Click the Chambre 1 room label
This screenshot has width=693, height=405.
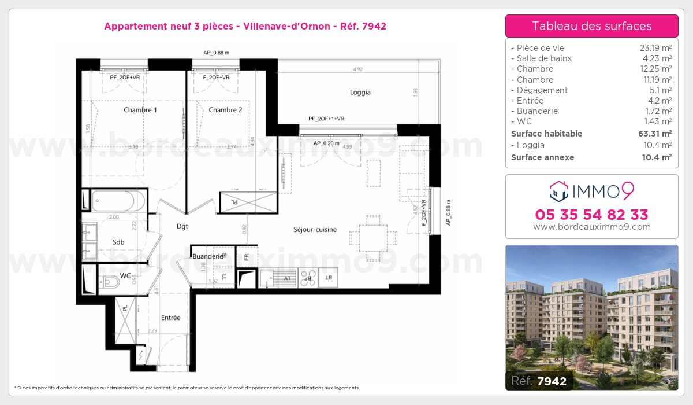[x=140, y=110]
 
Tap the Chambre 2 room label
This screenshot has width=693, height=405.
[x=225, y=110]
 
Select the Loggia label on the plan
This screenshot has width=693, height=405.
[x=360, y=92]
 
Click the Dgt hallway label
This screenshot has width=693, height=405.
[x=182, y=226]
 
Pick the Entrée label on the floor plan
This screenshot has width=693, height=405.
[x=170, y=318]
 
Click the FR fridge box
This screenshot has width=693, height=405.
[x=247, y=256]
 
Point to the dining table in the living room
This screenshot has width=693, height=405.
[x=373, y=238]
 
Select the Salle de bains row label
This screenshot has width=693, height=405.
[x=544, y=58]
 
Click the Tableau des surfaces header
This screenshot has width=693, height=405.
[x=591, y=26]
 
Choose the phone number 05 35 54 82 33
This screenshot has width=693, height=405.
[x=591, y=215]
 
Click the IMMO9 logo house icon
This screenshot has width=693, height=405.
[x=558, y=189]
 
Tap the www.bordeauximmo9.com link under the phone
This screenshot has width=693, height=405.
[x=591, y=227]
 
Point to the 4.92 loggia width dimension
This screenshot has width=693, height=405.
[x=358, y=69]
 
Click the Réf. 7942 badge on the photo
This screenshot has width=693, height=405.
[x=539, y=380]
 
